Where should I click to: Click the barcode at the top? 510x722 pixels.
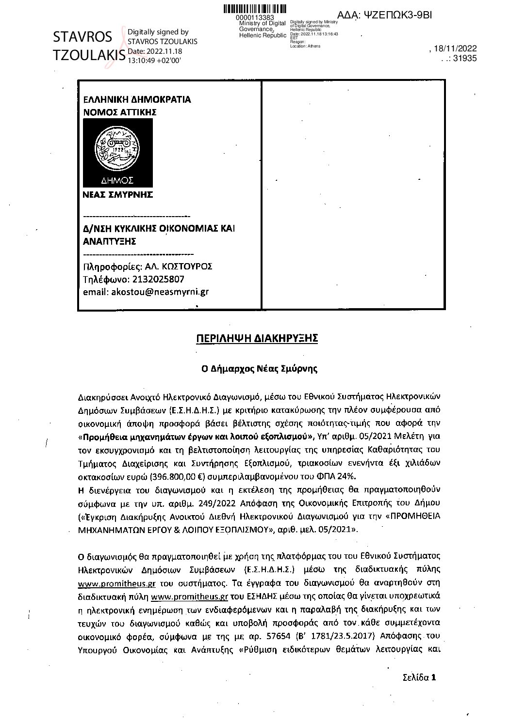coord(255,9)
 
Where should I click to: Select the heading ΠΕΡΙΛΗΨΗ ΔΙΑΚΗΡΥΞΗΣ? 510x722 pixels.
coord(257,338)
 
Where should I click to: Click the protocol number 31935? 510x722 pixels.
coord(464,58)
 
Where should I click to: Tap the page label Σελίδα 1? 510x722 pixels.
coord(420,677)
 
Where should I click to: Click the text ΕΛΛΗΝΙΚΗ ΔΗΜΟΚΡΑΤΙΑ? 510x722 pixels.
coord(137,100)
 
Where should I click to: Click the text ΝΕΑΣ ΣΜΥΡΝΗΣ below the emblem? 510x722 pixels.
coord(118,195)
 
